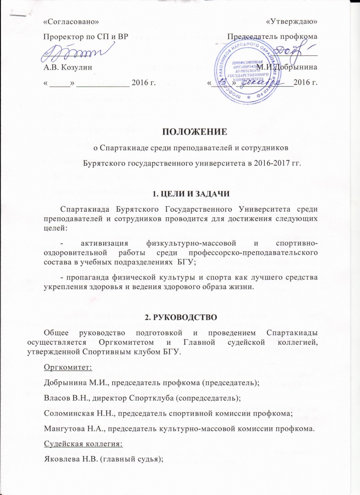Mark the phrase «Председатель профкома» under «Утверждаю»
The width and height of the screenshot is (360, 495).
273,36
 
